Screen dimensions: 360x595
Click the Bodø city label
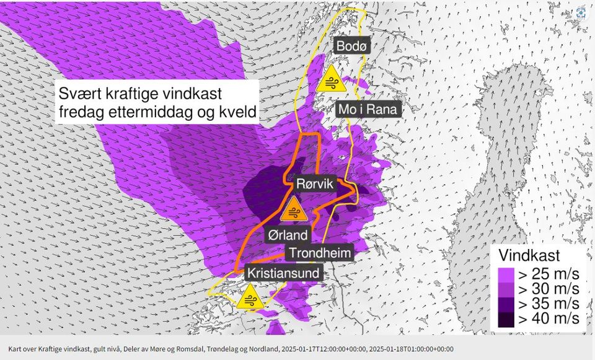[x=353, y=46]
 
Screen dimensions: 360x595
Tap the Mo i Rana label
[x=369, y=110]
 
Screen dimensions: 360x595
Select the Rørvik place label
[x=315, y=184]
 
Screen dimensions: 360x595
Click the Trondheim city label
[x=319, y=253]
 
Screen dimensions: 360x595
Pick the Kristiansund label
[x=284, y=273]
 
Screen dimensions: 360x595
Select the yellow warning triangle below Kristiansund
[x=251, y=297]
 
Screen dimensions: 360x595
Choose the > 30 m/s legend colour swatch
[x=505, y=289]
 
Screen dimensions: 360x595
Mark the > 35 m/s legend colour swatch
[x=505, y=304]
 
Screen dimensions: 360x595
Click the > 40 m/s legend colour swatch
[x=505, y=320]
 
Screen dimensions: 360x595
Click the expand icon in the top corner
[x=581, y=13]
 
